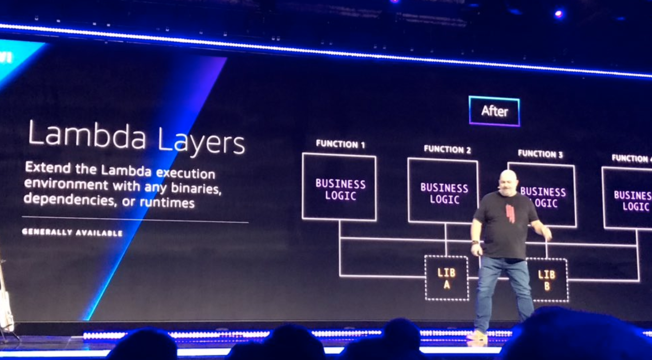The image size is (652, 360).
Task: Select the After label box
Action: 494,111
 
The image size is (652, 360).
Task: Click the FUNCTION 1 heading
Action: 340,144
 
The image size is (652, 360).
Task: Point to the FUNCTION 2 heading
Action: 447,149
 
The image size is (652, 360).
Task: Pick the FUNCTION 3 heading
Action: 540,154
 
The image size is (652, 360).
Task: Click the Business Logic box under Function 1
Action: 339,186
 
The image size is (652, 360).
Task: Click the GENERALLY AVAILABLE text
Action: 72,232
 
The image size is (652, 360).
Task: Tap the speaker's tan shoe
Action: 478,336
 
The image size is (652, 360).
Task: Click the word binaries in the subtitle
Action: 196,188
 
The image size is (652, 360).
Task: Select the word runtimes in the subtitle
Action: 167,203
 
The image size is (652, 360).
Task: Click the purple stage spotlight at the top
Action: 558,14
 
